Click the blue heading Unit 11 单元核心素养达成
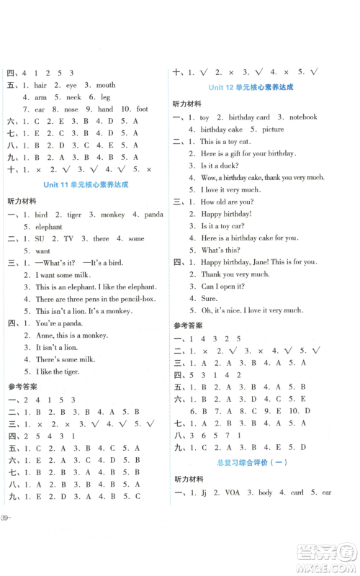[x=86, y=184]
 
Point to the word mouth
[x=106, y=85]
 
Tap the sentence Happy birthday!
[x=226, y=214]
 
